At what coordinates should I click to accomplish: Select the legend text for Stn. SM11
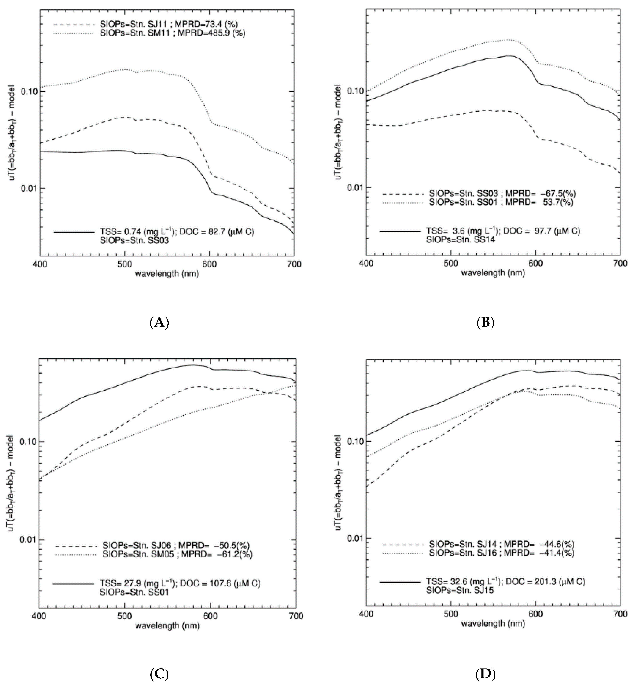[x=173, y=33]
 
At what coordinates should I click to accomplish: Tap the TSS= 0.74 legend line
[x=177, y=232]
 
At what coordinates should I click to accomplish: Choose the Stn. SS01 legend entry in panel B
[x=501, y=202]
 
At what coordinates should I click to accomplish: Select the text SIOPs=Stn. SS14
[x=460, y=240]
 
